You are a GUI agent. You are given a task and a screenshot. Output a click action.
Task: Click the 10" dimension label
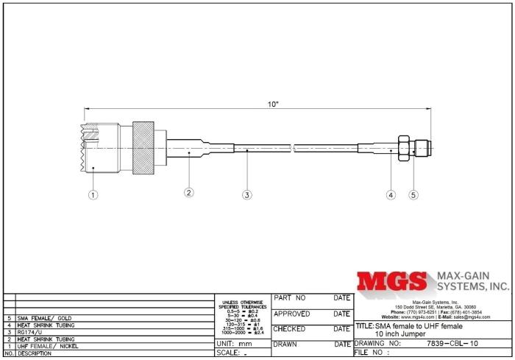[x=273, y=105]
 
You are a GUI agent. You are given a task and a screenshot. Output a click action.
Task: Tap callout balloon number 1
[x=93, y=195]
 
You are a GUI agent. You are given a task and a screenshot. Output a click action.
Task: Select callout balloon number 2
[x=189, y=193]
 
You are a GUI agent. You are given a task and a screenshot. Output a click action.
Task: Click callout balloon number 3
[x=247, y=195]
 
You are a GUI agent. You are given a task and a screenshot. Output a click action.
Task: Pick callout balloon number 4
[x=391, y=195]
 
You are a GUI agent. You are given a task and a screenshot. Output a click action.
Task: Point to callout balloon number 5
[x=413, y=195]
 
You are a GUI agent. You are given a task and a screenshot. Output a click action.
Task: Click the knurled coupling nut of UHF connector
[x=143, y=150]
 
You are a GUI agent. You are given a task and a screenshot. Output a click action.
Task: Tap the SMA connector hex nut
[x=402, y=149]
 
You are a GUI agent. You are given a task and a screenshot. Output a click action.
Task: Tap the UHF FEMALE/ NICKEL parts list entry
[x=47, y=346]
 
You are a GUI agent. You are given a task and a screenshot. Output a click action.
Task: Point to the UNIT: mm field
[x=235, y=344]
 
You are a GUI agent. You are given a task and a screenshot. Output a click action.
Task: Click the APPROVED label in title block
[x=294, y=314]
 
